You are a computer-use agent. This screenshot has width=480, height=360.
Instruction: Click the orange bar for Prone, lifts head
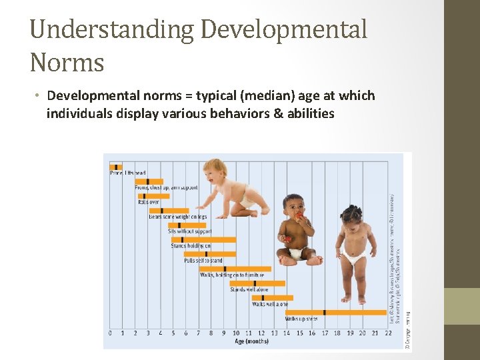pyautogui.click(x=116, y=167)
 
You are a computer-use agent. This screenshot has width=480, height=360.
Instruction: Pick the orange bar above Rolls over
pyautogui.click(x=150, y=196)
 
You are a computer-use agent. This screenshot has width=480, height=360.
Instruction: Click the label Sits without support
pyautogui.click(x=191, y=232)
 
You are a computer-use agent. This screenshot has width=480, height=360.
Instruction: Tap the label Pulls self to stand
pyautogui.click(x=203, y=261)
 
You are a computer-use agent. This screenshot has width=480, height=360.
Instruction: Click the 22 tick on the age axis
pyautogui.click(x=387, y=333)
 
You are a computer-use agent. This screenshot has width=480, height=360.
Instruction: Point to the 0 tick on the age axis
pyautogui.click(x=110, y=333)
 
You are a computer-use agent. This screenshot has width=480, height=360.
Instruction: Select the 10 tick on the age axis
pyautogui.click(x=235, y=333)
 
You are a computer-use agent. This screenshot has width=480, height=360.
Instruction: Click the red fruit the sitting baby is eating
pyautogui.click(x=297, y=216)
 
